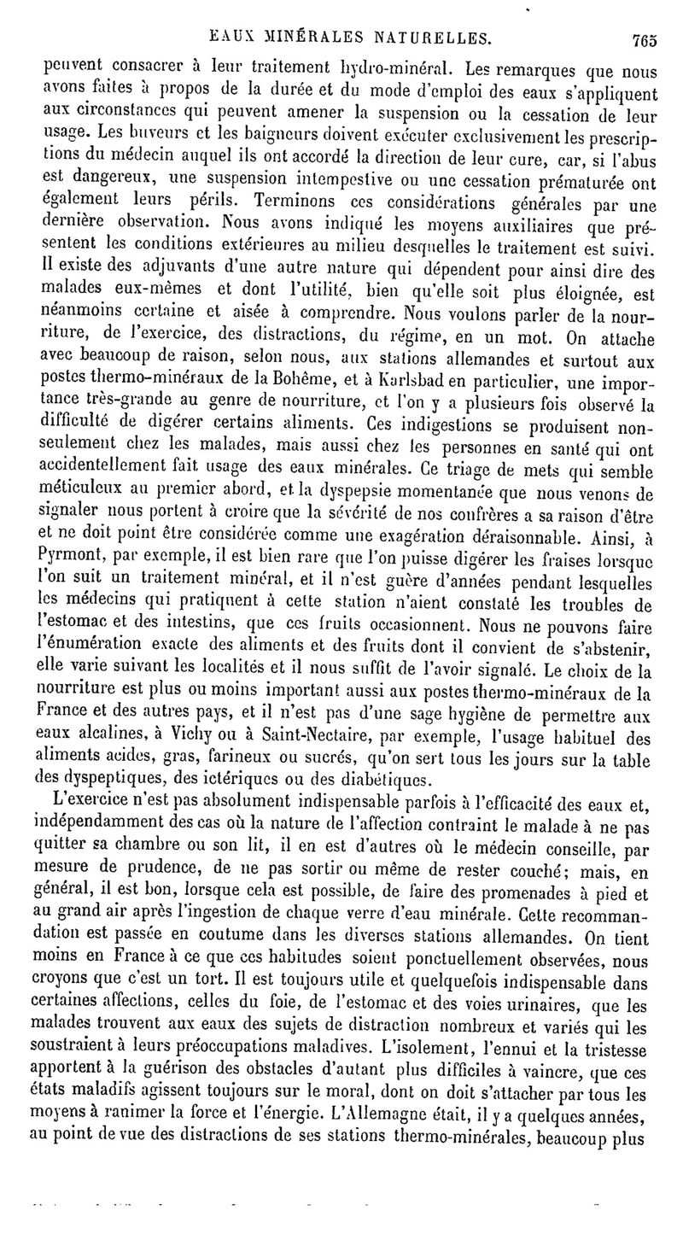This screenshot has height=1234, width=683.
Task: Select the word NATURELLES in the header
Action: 429,38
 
